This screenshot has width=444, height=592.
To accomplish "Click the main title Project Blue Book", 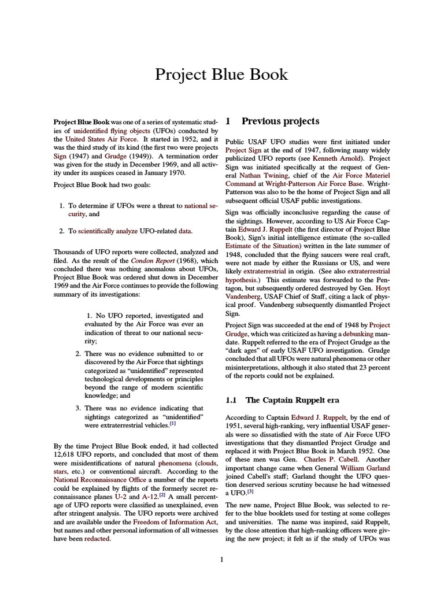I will pos(222,75).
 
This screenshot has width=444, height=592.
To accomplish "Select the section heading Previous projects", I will pos(280,121).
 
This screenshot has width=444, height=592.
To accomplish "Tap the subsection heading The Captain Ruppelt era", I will pos(293,400).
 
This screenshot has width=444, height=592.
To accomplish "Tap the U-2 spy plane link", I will pos(120,497).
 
